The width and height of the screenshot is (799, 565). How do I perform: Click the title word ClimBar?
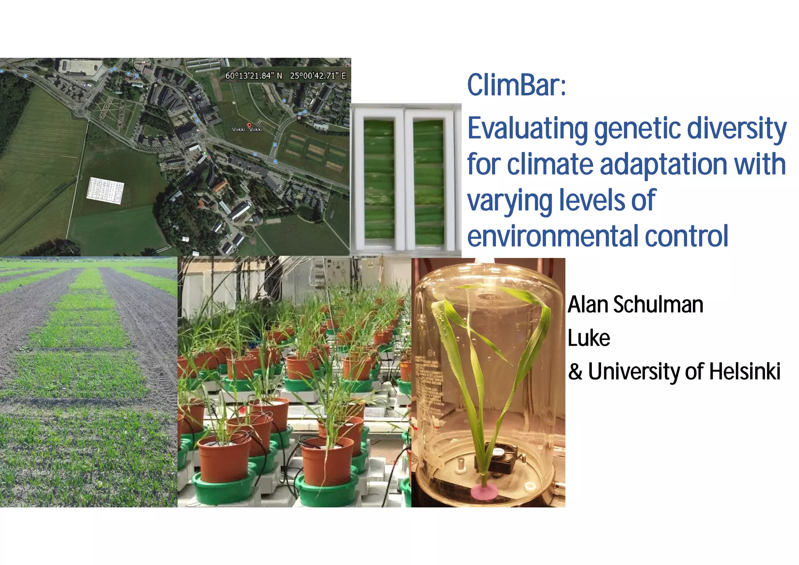[516, 85]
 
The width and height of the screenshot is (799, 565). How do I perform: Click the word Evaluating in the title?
[528, 129]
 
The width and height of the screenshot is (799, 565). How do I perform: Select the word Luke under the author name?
[589, 338]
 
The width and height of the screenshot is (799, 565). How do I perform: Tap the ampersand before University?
[575, 371]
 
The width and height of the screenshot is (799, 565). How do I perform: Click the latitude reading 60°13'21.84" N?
[254, 76]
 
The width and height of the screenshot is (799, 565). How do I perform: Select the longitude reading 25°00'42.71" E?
[318, 76]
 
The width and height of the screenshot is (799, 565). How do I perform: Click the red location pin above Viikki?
[249, 125]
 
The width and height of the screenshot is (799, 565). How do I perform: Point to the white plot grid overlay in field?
[105, 190]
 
